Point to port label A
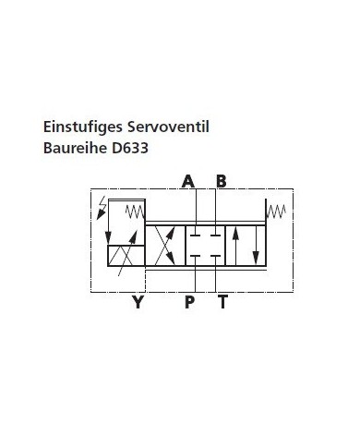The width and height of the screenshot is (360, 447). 188,181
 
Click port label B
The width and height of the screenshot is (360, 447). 221,181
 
